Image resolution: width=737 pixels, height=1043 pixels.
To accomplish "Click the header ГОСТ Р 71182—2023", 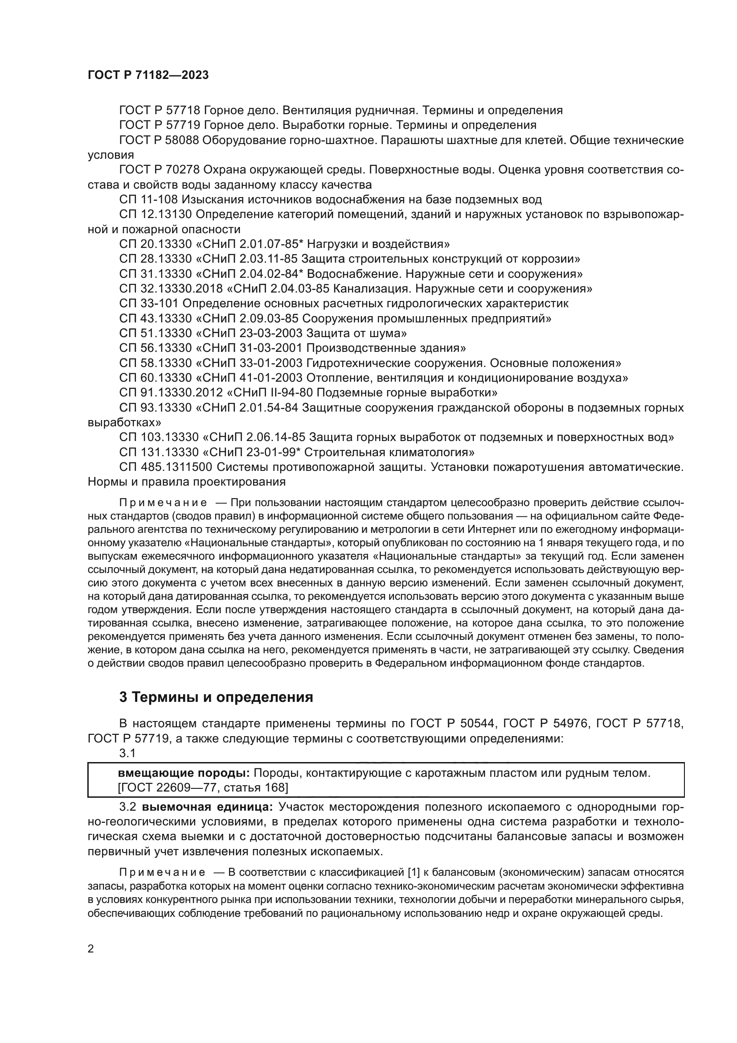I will tap(148, 75).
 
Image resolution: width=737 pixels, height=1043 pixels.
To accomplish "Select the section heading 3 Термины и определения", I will tap(216, 697).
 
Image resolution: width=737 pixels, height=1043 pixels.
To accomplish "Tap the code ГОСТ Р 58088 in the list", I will tap(159, 140).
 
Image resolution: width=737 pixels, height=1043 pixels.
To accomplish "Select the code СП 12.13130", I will tap(156, 214).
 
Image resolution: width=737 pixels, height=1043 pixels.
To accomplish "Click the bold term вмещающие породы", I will tap(183, 773).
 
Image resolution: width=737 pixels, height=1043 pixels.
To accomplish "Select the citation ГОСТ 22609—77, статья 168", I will tap(202, 787).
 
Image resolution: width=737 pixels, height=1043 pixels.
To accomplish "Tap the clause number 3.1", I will tap(127, 753).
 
